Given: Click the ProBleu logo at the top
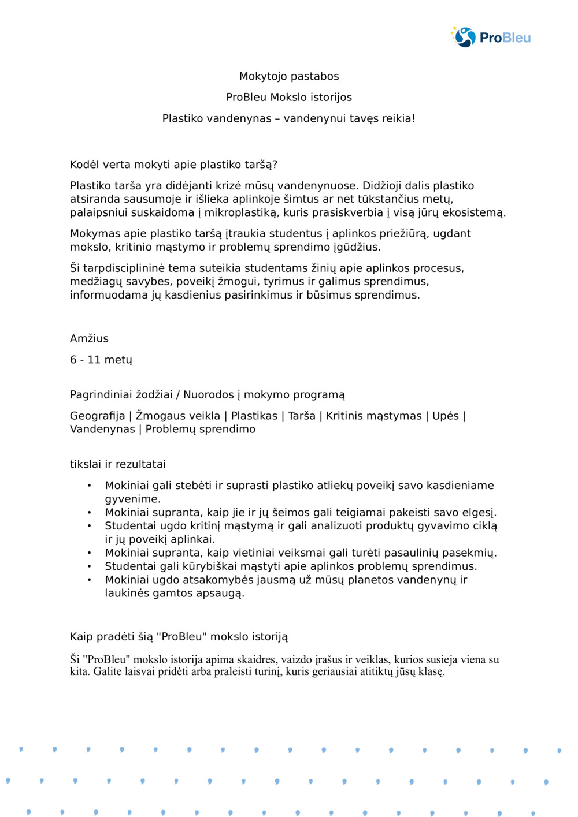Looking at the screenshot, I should pyautogui.click(x=491, y=37).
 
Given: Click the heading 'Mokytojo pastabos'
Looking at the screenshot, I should pyautogui.click(x=289, y=76).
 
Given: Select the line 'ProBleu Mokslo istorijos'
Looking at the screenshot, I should pyautogui.click(x=289, y=97).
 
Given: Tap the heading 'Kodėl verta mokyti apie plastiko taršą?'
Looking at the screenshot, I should pyautogui.click(x=173, y=165).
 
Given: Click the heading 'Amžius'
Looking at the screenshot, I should pyautogui.click(x=89, y=338).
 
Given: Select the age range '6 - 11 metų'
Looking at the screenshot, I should pyautogui.click(x=101, y=360).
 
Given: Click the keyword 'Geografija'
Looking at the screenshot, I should pyautogui.click(x=97, y=416).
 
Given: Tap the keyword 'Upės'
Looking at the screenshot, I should pyautogui.click(x=445, y=416).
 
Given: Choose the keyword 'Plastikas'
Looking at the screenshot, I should pyautogui.click(x=254, y=416).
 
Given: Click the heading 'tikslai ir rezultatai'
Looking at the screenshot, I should pyautogui.click(x=118, y=464).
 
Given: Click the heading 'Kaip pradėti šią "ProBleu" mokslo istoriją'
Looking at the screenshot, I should pyautogui.click(x=179, y=637).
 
